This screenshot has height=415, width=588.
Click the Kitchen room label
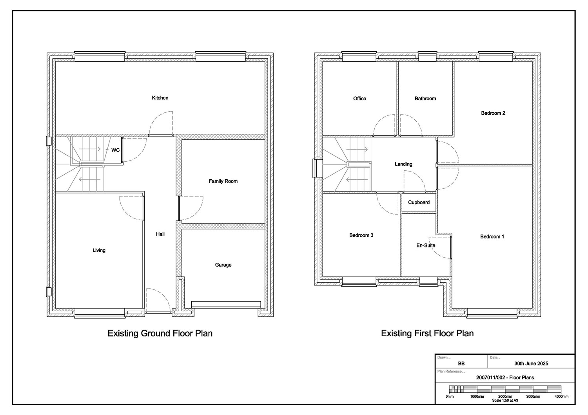coord(160,98)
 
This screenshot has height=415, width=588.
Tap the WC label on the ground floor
coord(115,150)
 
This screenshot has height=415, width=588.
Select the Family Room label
coord(223,181)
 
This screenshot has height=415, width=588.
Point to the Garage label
coord(223,265)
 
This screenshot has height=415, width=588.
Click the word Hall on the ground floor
coord(160,234)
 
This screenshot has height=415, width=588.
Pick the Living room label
coord(99,250)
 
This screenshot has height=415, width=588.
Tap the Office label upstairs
coord(359,99)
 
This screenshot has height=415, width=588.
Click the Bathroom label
coord(425,99)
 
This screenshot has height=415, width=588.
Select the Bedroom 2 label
coord(493,113)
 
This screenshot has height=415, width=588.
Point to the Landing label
coord(403,164)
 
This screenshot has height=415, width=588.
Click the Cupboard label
coord(419,202)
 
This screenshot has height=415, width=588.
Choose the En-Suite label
coord(426,245)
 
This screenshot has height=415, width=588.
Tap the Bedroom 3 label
coord(361,235)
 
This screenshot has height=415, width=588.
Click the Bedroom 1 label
coord(492,236)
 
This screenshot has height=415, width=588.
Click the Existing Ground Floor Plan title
coord(160,334)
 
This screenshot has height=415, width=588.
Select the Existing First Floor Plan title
coord(427,334)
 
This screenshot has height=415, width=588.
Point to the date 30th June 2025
coord(531,364)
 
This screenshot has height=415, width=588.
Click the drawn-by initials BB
coord(461,364)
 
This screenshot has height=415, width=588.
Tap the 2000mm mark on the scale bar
coord(505,396)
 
